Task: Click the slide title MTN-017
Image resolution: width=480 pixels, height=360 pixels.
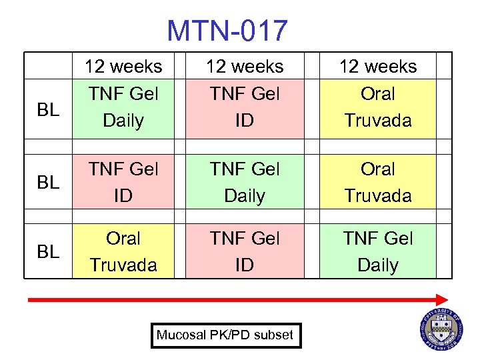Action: pyautogui.click(x=227, y=31)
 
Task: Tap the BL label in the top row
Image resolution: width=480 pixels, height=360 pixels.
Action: pyautogui.click(x=47, y=109)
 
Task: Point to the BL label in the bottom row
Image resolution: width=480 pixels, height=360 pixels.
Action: pyautogui.click(x=47, y=251)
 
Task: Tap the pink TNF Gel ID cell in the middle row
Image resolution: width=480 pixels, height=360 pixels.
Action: pyautogui.click(x=123, y=183)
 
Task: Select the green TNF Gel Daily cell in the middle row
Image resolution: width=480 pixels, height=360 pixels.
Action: pyautogui.click(x=245, y=183)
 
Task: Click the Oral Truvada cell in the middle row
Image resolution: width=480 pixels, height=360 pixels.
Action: pyautogui.click(x=377, y=183)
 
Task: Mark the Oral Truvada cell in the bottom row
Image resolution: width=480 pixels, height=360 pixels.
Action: pyautogui.click(x=123, y=251)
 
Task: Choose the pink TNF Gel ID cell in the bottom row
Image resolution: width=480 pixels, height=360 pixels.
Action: pyautogui.click(x=245, y=251)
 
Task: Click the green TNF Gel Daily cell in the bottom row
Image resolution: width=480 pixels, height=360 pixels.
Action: pyautogui.click(x=377, y=251)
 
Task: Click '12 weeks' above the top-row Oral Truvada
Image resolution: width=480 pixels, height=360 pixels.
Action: pyautogui.click(x=377, y=67)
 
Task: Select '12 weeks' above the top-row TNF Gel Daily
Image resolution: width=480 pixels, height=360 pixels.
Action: pyautogui.click(x=123, y=67)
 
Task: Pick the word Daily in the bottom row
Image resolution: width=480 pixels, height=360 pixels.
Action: pyautogui.click(x=377, y=265)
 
